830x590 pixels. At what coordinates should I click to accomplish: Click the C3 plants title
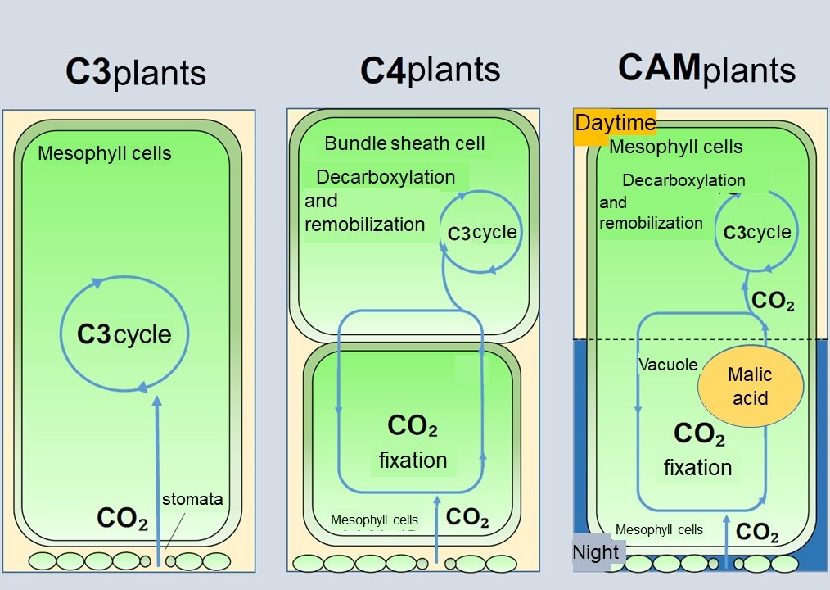click(x=136, y=72)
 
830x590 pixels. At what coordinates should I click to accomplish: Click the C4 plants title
click(x=431, y=70)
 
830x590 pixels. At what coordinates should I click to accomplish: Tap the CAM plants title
click(x=706, y=69)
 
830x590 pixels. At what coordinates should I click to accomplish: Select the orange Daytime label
click(x=616, y=123)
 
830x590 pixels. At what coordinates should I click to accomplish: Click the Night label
click(x=596, y=552)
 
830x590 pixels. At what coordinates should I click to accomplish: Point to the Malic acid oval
click(x=750, y=386)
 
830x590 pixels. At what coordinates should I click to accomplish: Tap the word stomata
click(x=192, y=499)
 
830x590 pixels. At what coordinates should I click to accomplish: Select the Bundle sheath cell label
click(x=404, y=143)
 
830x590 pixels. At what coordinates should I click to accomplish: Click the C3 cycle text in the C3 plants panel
click(x=124, y=334)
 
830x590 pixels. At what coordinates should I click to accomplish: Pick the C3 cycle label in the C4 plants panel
click(x=482, y=233)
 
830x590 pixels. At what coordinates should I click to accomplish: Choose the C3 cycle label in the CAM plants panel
click(x=757, y=233)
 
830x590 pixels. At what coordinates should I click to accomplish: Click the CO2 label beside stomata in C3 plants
click(x=122, y=517)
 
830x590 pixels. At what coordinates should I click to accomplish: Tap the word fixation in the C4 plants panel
click(x=413, y=461)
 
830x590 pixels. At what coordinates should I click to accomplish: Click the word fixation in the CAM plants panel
click(x=697, y=468)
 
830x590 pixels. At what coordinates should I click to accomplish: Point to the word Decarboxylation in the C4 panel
click(x=385, y=177)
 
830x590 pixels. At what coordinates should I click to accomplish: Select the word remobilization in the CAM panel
click(x=651, y=223)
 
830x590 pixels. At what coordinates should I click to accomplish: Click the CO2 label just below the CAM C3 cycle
click(x=773, y=301)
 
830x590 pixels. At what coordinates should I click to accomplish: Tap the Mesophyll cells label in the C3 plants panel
click(x=105, y=153)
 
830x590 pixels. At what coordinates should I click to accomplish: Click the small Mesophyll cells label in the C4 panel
click(x=374, y=520)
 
